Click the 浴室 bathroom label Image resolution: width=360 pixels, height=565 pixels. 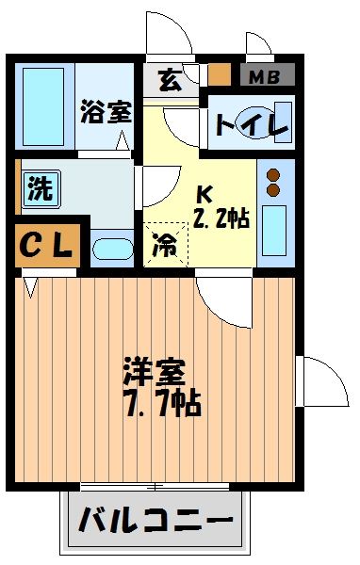coord(104,110)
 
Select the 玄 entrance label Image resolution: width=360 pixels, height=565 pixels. coord(170,81)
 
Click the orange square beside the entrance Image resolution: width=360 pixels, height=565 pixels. coord(219,74)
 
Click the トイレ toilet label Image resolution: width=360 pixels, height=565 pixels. coord(250,125)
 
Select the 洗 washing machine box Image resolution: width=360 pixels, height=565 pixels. coord(40,187)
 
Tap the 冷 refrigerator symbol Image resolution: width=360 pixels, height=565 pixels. coord(165,247)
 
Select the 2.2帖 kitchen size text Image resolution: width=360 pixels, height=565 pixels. coord(221,219)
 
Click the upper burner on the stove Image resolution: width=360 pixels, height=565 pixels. coord(274,175)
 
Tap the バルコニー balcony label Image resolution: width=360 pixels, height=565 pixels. coord(155,520)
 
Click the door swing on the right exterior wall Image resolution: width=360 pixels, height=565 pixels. coord(318,381)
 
